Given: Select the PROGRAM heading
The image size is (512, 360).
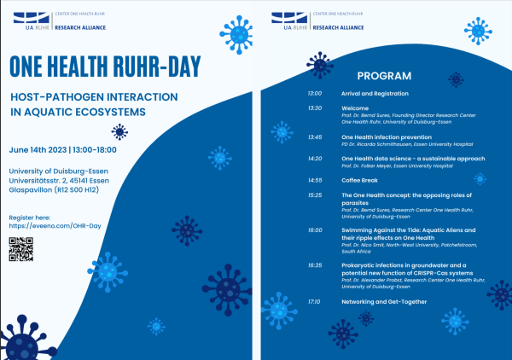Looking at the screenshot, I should (x=384, y=75).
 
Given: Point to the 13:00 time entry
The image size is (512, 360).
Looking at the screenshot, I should (x=314, y=93).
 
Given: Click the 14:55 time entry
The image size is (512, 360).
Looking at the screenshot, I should (x=314, y=180).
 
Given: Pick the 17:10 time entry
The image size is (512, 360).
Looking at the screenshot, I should (x=314, y=301).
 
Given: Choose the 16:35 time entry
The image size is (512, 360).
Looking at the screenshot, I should (x=314, y=265).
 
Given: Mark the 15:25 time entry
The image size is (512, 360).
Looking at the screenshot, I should (x=314, y=195).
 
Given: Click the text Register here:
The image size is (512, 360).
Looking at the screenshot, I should (x=31, y=218).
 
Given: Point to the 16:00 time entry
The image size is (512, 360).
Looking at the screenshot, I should (x=314, y=230).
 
